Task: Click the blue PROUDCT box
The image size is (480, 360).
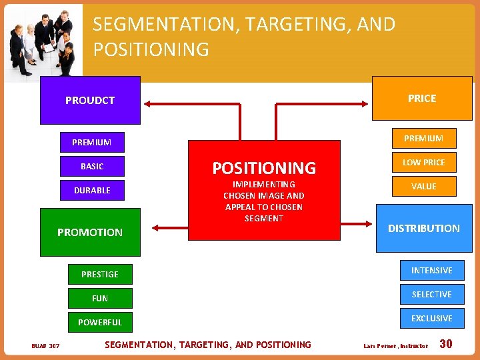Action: tap(90, 100)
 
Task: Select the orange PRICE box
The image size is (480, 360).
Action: tap(421, 98)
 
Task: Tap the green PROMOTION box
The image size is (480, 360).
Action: tap(90, 232)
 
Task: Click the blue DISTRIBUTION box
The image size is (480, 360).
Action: tap(423, 228)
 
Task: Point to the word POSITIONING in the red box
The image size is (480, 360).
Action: tap(264, 167)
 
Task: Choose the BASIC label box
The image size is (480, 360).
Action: tap(92, 166)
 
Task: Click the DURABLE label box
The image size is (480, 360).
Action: tap(92, 190)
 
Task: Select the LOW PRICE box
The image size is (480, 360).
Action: tap(423, 162)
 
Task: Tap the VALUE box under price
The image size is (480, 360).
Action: tap(423, 186)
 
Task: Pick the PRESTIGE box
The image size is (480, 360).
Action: tap(100, 274)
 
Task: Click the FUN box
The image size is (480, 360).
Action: tap(100, 298)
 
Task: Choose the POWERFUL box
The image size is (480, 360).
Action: tap(100, 322)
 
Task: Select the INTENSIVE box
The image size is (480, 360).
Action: tap(431, 270)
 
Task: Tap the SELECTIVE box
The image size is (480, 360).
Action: tap(431, 294)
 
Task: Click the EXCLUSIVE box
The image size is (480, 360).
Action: tap(431, 318)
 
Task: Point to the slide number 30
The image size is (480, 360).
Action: tap(446, 344)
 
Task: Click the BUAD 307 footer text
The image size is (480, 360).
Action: tap(45, 345)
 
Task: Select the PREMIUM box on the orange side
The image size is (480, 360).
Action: tap(423, 138)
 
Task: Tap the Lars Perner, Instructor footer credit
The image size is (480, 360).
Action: tap(395, 346)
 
